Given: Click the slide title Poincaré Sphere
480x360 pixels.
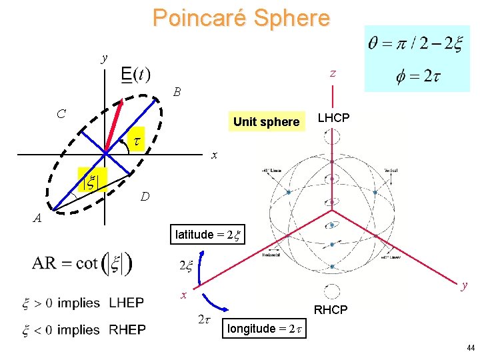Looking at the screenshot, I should click(x=241, y=17).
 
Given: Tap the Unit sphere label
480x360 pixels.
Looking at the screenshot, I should click(x=266, y=121).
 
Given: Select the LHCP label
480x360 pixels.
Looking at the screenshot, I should click(x=333, y=118).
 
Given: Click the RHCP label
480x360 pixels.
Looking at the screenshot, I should click(x=331, y=309).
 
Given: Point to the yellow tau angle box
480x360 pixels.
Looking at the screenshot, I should click(x=135, y=141).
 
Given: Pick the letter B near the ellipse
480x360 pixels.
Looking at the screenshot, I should click(x=177, y=91).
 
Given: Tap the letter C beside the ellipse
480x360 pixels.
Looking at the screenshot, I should click(x=61, y=114).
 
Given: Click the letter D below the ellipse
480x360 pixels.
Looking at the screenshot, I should click(x=145, y=197).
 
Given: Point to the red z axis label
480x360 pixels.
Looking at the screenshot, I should click(x=333, y=74).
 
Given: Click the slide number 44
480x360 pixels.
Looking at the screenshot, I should click(x=471, y=348).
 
